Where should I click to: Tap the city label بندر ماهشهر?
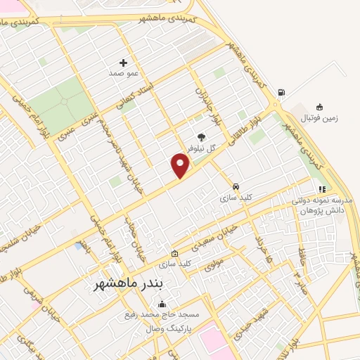133,284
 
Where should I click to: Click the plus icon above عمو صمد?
125,63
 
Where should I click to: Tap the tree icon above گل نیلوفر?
201,138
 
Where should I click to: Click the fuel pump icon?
282,92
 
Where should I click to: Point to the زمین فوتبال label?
320,118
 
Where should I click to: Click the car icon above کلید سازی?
236,188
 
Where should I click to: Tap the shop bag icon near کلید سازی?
175,254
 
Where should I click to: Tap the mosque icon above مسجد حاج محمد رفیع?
162,304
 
